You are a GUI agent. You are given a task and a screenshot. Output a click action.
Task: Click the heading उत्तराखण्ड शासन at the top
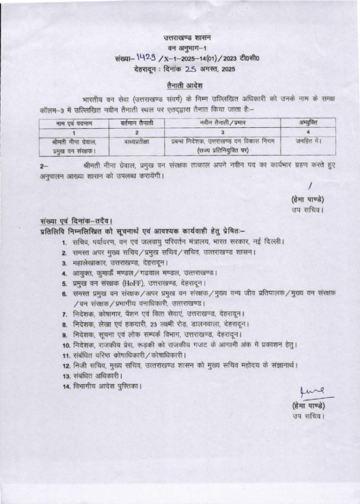tap(187, 38)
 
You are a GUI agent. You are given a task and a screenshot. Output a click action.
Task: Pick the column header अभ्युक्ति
tap(308, 124)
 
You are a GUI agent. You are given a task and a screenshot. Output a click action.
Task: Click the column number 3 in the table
tap(223, 132)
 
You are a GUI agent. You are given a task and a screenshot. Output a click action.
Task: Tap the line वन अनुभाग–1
tap(187, 48)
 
